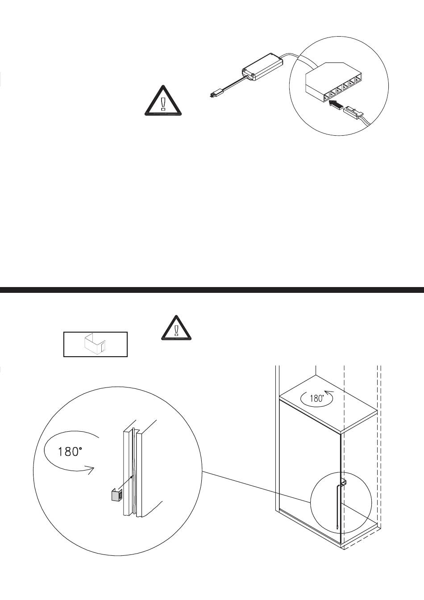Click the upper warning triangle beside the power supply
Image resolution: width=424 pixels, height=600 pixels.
tap(163, 101)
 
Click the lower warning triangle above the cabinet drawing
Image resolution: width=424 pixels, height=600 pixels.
tap(176, 329)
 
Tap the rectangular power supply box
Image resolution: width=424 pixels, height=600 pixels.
tap(262, 67)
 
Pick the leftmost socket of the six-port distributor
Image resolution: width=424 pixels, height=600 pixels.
tap(326, 97)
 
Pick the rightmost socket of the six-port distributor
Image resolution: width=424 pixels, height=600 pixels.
tap(358, 80)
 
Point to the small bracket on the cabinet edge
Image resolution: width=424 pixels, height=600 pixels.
tap(343, 483)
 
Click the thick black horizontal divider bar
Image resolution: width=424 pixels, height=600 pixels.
tap(212, 290)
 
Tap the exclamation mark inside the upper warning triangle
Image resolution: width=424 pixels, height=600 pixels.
tap(163, 104)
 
